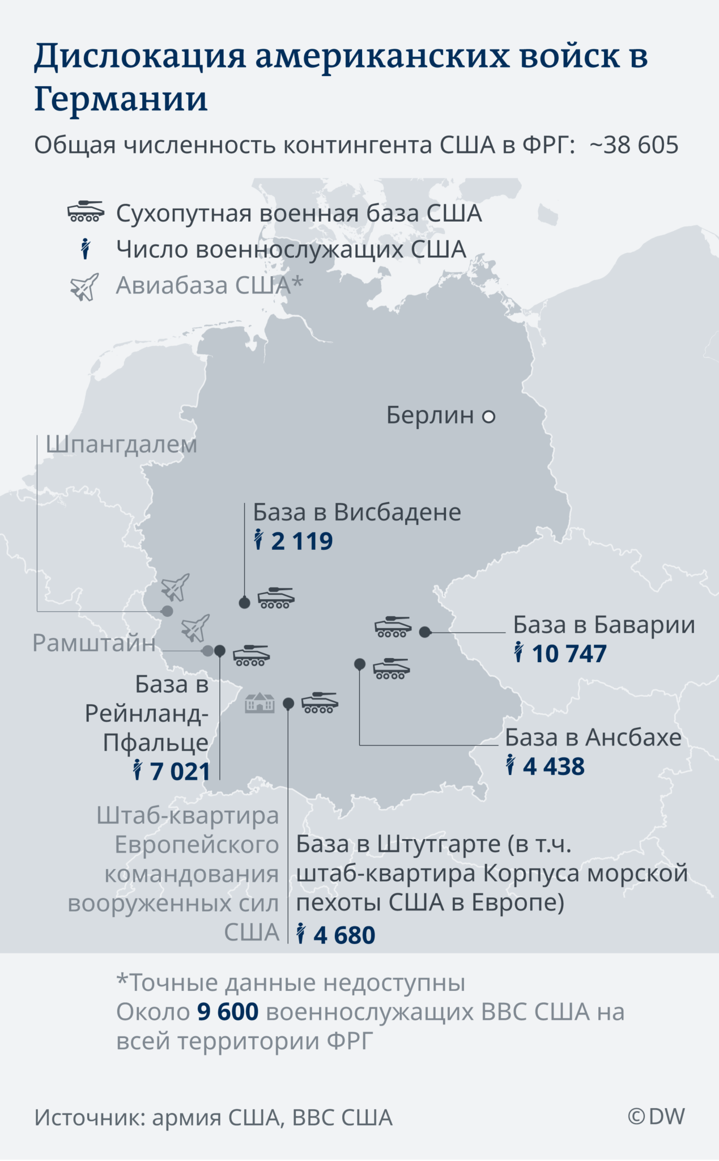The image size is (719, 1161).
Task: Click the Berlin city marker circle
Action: click(x=488, y=417)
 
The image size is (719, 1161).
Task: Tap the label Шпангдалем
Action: click(x=121, y=444)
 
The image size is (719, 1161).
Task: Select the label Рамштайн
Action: click(x=94, y=643)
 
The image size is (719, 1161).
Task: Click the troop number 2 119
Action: click(x=301, y=541)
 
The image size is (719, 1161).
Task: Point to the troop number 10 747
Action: click(x=569, y=654)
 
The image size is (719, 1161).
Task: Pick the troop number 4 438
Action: click(x=554, y=767)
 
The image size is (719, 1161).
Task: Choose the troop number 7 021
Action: click(x=180, y=772)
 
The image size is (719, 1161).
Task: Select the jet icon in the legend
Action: click(x=84, y=287)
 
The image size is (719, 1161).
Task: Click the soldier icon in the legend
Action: click(x=86, y=249)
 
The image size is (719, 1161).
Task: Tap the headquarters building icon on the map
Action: click(x=259, y=703)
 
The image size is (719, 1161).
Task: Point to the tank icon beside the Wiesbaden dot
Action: click(x=276, y=598)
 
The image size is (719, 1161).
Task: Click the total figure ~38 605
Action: click(x=633, y=145)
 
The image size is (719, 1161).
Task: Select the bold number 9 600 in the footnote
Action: click(x=228, y=1012)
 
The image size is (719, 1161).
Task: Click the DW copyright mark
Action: click(x=656, y=1116)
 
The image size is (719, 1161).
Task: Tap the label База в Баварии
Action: click(x=604, y=625)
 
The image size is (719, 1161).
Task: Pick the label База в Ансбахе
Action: click(x=593, y=738)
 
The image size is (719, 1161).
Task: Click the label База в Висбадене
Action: click(x=357, y=512)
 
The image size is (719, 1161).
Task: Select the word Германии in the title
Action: click(x=121, y=99)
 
